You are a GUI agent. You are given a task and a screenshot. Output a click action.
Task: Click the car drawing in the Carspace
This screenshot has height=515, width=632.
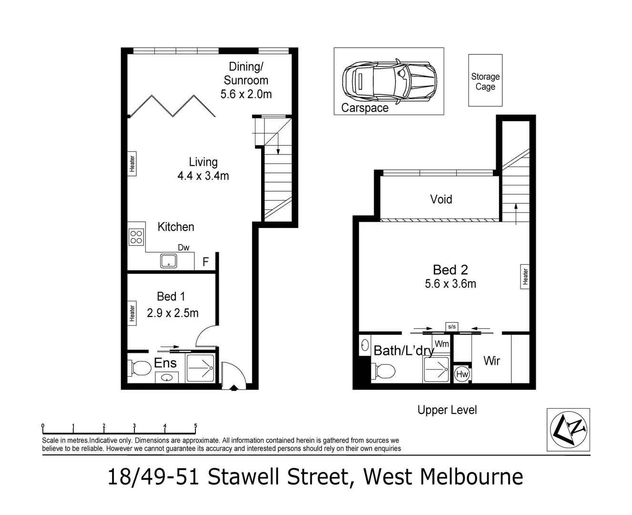[389, 81]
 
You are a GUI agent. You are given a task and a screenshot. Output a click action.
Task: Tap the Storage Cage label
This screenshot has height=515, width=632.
[485, 82]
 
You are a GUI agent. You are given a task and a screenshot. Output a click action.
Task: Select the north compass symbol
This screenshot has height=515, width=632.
[568, 430]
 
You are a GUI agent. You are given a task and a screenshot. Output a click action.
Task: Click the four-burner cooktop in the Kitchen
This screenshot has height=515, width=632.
[136, 237]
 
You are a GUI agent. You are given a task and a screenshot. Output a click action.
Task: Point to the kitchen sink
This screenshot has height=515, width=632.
[168, 261]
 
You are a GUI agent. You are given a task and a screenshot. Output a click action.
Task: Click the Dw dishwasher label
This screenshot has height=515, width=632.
[183, 247]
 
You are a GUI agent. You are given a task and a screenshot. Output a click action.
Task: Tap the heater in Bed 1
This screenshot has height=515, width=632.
[132, 313]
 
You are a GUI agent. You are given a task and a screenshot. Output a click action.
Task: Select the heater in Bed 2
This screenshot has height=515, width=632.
[525, 277]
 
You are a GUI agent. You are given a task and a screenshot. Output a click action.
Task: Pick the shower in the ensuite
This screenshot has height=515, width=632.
[200, 368]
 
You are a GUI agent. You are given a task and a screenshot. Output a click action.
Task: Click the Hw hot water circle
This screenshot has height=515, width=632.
[462, 374]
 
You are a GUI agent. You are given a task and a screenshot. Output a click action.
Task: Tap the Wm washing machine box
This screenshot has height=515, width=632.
[441, 344]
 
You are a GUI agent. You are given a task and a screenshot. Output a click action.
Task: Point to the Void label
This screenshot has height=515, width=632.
[441, 199]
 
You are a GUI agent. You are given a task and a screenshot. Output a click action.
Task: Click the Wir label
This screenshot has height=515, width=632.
[491, 360]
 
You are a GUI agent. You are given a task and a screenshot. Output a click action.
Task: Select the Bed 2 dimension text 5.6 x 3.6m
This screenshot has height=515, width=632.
[450, 284]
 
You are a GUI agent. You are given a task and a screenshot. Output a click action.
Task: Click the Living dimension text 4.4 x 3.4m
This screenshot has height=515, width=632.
[203, 176]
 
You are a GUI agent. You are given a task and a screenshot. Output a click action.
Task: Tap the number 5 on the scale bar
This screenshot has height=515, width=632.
[195, 426]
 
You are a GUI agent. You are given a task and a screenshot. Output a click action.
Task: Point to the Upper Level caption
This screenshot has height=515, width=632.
[447, 410]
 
